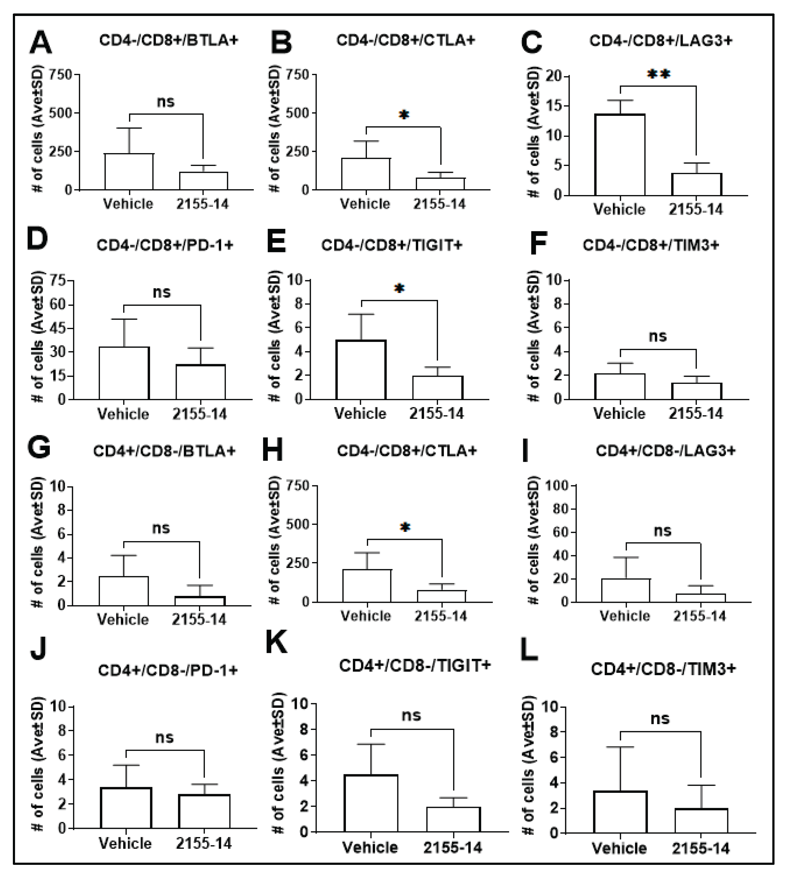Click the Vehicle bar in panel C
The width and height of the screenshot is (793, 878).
click(620, 155)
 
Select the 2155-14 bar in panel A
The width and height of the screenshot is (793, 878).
click(203, 181)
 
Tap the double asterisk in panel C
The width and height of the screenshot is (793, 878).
click(658, 74)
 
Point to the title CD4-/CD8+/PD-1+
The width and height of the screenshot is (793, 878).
click(165, 245)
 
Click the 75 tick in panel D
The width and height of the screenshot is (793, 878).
click(58, 281)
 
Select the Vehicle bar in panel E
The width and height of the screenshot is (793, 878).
click(361, 370)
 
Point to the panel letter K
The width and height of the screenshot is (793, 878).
click(276, 642)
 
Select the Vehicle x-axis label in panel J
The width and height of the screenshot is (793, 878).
click(125, 844)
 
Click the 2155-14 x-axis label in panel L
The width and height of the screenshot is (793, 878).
click(700, 848)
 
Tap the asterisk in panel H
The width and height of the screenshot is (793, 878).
click(405, 527)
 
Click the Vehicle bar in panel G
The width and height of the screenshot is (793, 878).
click(124, 591)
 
